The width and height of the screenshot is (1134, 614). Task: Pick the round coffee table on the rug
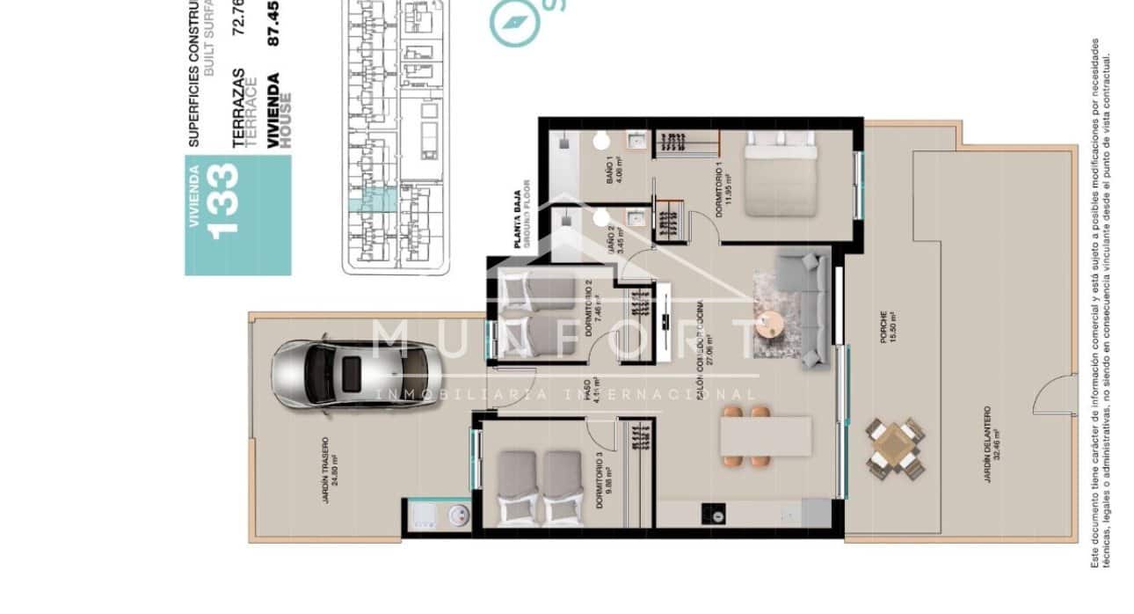pyautogui.click(x=771, y=325)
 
